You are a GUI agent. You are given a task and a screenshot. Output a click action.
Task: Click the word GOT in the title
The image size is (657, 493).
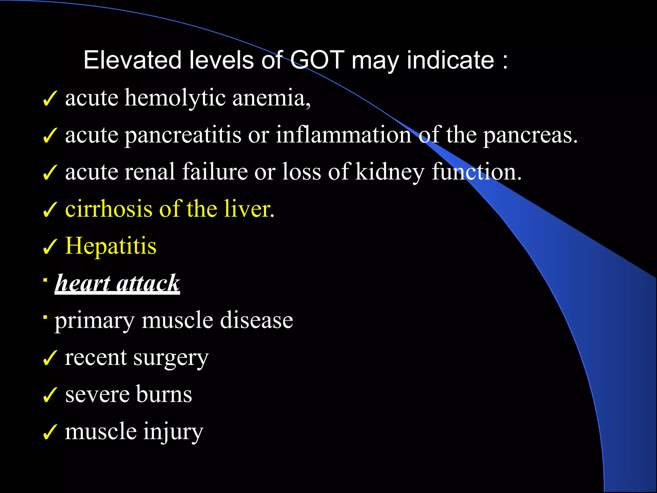pyautogui.click(x=317, y=60)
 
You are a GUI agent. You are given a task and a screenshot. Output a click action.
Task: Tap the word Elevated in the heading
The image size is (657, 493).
pyautogui.click(x=132, y=60)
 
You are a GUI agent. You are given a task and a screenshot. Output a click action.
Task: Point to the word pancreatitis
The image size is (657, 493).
pyautogui.click(x=183, y=135)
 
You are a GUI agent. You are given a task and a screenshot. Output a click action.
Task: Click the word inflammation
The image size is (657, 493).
pyautogui.click(x=344, y=134)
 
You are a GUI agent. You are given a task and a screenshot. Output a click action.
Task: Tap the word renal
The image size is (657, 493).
pyautogui.click(x=150, y=172)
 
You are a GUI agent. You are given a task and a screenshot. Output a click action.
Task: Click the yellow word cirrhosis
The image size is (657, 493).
pyautogui.click(x=109, y=209)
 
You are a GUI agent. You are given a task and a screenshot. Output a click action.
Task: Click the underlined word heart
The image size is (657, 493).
pyautogui.click(x=83, y=283)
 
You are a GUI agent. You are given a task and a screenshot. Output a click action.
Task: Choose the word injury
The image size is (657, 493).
pyautogui.click(x=173, y=432)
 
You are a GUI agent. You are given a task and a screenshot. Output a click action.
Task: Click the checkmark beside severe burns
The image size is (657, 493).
pyautogui.click(x=50, y=395)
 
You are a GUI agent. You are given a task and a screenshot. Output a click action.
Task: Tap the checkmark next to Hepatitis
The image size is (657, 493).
pyautogui.click(x=50, y=247)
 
